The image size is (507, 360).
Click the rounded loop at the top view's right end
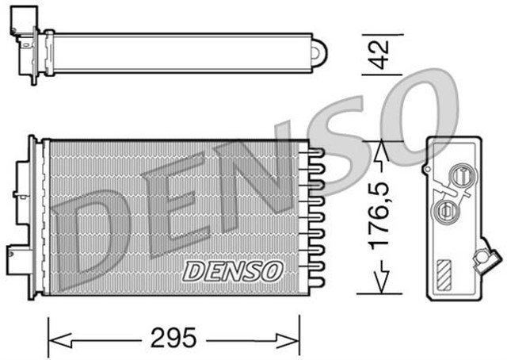[x=318, y=52]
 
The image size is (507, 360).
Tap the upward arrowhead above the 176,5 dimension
[x=381, y=150]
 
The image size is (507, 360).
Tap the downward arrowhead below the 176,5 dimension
[x=381, y=282]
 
